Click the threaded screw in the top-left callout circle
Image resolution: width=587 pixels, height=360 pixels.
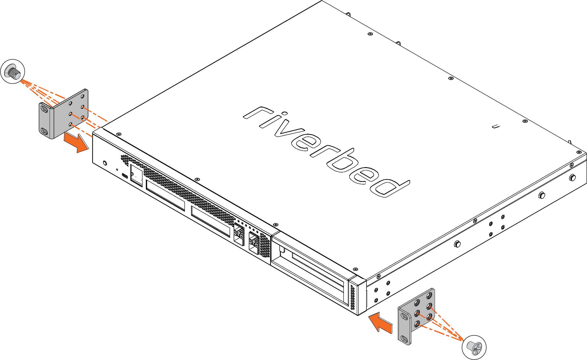[14, 72]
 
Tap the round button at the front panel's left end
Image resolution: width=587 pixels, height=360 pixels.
[105, 163]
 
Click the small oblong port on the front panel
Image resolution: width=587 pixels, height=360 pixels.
[125, 176]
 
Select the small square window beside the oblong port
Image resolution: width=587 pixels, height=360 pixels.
[136, 175]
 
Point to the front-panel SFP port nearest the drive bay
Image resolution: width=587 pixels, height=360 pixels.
[254, 243]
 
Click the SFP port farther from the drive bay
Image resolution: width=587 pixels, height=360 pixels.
[239, 234]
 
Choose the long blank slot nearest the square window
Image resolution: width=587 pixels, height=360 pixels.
[165, 195]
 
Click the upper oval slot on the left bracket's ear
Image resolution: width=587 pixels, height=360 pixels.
[44, 110]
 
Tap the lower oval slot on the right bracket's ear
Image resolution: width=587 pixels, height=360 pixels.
[404, 339]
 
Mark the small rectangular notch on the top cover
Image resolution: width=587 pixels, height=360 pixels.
[496, 127]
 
